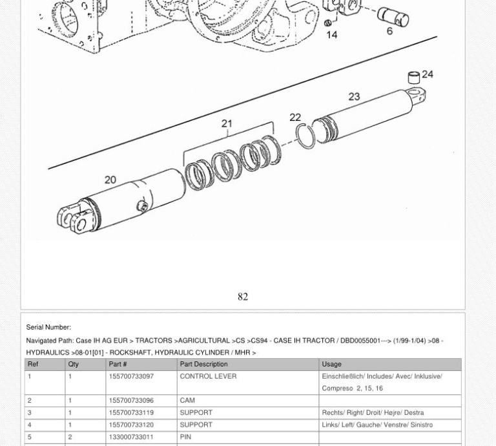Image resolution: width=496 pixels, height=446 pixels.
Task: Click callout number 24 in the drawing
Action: click(x=427, y=74)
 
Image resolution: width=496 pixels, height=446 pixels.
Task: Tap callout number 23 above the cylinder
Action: click(x=354, y=96)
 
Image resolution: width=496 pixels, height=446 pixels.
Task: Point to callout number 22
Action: click(x=295, y=117)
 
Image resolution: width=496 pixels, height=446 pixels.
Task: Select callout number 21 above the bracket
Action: click(x=227, y=123)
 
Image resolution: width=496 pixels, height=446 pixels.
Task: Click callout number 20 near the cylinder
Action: click(x=110, y=180)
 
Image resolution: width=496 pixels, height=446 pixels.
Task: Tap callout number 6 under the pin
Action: click(x=389, y=31)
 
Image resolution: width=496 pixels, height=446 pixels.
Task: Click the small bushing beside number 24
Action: click(x=414, y=78)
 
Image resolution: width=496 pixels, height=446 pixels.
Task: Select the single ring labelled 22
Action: click(x=305, y=136)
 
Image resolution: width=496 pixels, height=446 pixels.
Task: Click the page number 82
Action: click(x=243, y=297)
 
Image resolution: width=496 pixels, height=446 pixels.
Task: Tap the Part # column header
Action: click(x=118, y=364)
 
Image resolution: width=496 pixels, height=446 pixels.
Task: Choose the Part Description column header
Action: click(x=203, y=364)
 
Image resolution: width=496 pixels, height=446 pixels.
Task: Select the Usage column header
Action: click(x=331, y=364)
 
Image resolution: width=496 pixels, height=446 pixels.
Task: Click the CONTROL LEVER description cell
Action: click(x=208, y=376)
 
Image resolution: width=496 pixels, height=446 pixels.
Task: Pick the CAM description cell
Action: click(x=187, y=400)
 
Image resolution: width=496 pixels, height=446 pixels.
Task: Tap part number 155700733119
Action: click(x=131, y=412)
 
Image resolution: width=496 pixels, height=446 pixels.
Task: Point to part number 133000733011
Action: click(x=131, y=437)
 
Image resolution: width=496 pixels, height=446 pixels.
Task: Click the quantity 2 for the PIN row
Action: click(x=70, y=437)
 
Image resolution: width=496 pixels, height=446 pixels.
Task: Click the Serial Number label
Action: click(x=48, y=327)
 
